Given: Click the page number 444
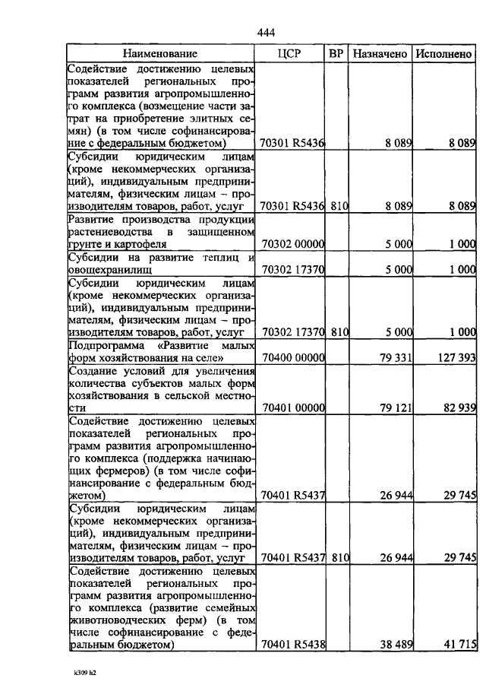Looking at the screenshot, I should pos(266,32).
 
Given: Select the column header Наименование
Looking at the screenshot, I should pos(160,54).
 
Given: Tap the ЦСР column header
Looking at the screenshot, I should pos(291,54).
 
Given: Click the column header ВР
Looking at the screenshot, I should pos(337,54).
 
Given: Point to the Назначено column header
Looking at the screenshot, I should pos(381,54).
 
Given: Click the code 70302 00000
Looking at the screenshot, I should pos(292,245).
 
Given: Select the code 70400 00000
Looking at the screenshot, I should pos(292,357).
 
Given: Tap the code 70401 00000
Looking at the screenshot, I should pos(292,408).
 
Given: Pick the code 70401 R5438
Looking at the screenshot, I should pos(292,645).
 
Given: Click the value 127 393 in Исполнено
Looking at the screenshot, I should pos(456,357).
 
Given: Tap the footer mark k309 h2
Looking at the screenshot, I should pos(86,674).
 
